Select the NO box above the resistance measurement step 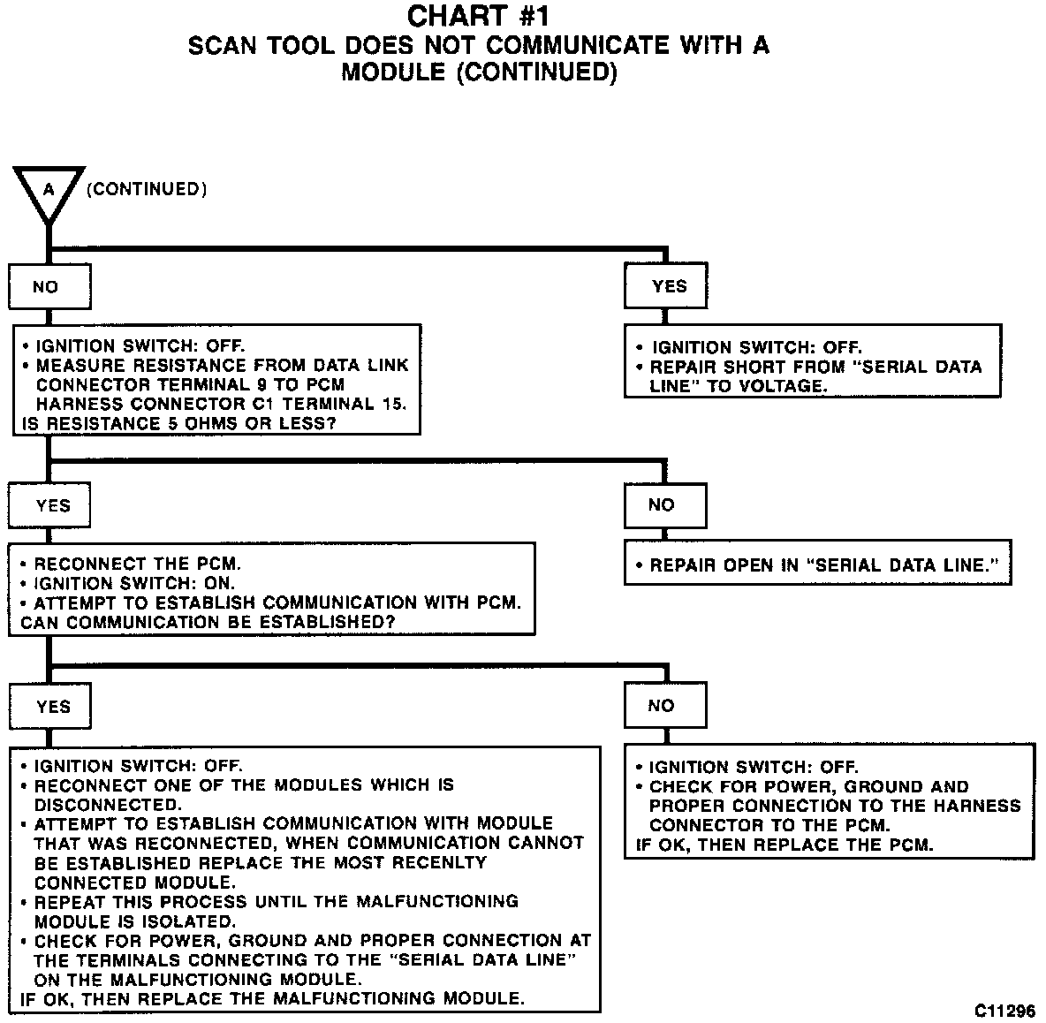49,286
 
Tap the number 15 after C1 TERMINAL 394,405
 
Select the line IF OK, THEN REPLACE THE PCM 784,845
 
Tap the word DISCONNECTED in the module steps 107,805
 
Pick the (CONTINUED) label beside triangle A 146,189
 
